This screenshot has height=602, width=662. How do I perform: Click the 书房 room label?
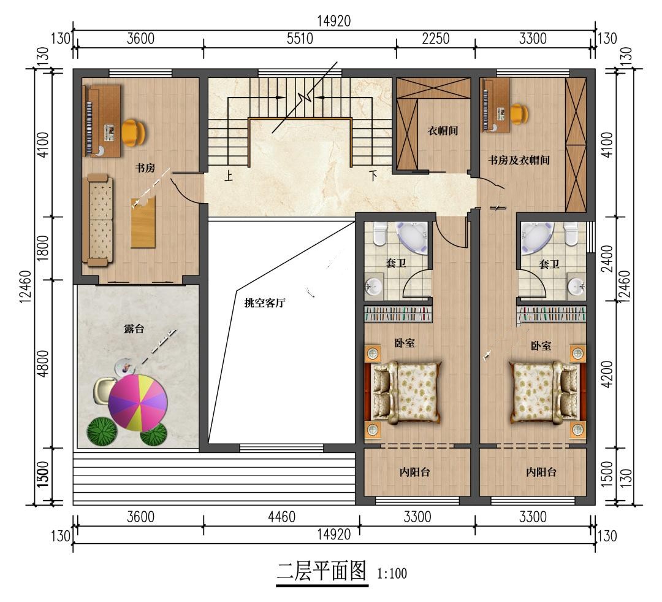[x=145, y=168]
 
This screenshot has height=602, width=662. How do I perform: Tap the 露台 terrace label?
[x=134, y=328]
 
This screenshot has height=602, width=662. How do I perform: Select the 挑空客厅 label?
[x=265, y=303]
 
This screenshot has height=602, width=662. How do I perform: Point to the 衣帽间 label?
[x=443, y=131]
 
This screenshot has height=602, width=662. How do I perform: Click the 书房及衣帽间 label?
[x=519, y=160]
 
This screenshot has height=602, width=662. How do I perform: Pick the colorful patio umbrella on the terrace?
[x=138, y=403]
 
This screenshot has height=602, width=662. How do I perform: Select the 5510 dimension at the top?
[x=300, y=39]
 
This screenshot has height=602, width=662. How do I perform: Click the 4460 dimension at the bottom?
[x=281, y=517]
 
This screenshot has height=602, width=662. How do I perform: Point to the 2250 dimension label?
[x=436, y=39]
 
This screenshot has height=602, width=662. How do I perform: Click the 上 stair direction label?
[x=229, y=175]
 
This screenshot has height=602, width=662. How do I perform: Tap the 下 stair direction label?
[x=373, y=175]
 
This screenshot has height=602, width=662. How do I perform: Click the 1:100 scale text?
[x=392, y=574]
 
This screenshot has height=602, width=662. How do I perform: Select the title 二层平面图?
[x=322, y=571]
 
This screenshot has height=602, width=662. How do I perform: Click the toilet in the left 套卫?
[x=380, y=234]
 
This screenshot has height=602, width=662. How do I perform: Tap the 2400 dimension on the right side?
[x=607, y=258]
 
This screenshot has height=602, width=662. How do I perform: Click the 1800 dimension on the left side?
[x=43, y=248]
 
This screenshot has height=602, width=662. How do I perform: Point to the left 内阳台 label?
[x=414, y=472]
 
